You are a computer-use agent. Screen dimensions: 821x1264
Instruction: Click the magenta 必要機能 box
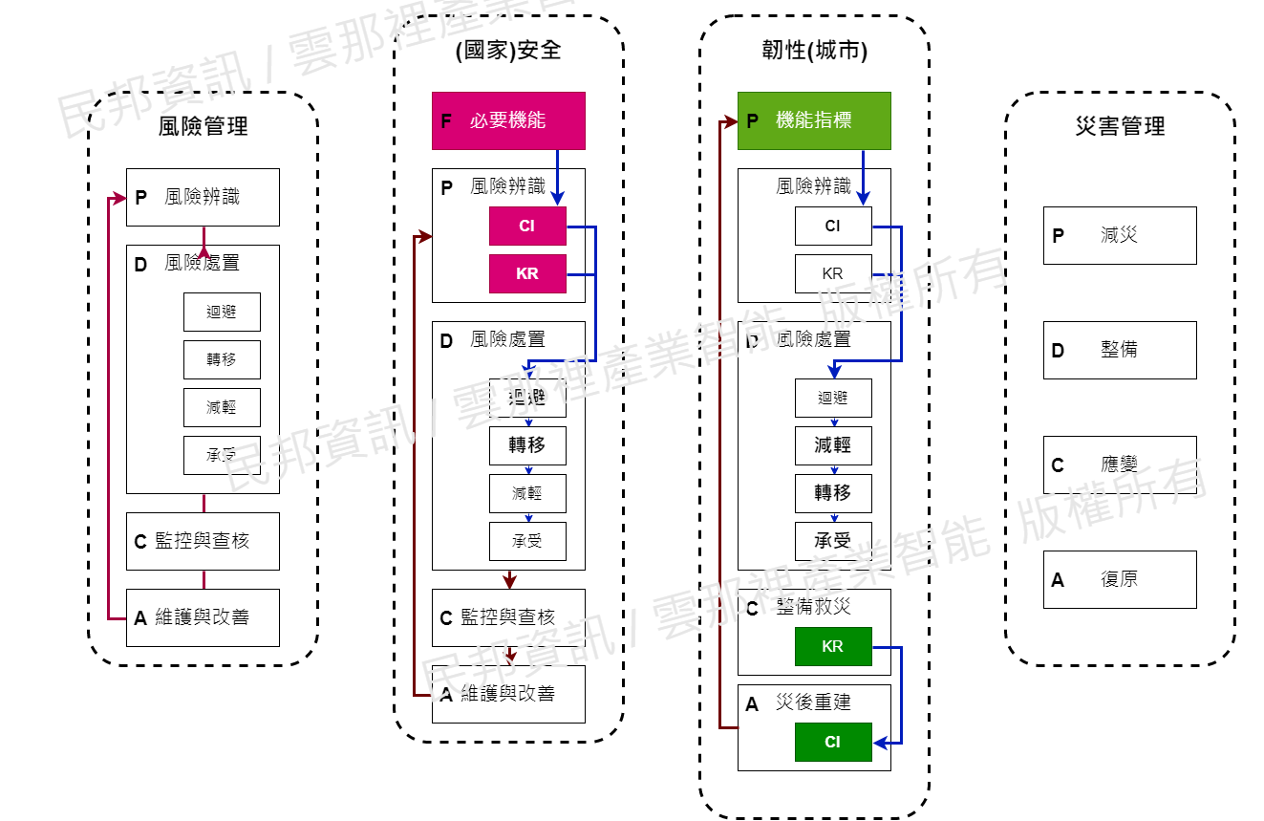[x=508, y=120]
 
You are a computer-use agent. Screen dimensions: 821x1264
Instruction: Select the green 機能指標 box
[x=814, y=120]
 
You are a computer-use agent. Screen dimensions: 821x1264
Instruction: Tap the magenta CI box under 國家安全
[x=527, y=227]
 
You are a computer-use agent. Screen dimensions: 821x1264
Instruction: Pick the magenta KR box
[x=527, y=273]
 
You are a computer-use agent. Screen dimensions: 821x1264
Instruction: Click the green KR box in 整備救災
[x=833, y=646]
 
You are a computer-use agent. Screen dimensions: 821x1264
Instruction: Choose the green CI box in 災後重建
[x=833, y=742]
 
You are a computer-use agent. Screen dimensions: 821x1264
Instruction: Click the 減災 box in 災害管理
[x=1120, y=235]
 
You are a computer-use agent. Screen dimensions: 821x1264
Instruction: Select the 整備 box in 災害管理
[x=1120, y=350]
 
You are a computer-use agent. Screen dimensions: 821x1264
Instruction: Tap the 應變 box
[x=1120, y=465]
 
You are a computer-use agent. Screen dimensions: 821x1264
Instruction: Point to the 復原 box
[x=1120, y=579]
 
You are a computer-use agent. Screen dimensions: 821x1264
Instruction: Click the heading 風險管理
[x=203, y=125]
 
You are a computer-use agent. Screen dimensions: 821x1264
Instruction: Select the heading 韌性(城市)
[x=814, y=50]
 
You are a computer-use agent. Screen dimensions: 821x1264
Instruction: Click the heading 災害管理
[x=1120, y=125]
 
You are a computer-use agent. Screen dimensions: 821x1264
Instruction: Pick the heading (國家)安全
[x=508, y=50]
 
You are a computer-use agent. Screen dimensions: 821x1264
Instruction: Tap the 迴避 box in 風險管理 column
[x=222, y=312]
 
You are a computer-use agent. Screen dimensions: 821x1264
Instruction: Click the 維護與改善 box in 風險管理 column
[x=203, y=617]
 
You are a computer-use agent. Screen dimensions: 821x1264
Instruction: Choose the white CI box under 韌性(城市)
[x=833, y=227]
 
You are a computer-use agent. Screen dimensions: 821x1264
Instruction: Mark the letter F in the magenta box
[x=446, y=120]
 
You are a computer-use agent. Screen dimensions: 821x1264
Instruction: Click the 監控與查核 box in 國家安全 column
[x=508, y=617]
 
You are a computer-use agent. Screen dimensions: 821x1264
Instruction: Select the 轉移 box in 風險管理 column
[x=222, y=359]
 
